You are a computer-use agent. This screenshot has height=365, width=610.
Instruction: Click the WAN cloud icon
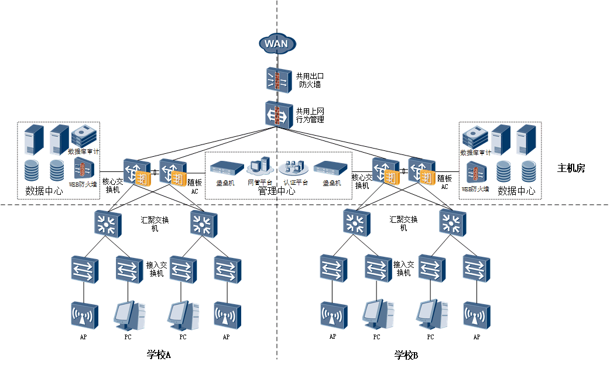277,43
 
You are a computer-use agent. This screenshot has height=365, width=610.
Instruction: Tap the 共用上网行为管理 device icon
277,115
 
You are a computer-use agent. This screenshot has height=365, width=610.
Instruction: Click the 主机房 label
571,168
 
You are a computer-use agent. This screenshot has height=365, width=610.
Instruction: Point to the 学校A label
159,354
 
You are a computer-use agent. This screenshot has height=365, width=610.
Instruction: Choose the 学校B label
406,354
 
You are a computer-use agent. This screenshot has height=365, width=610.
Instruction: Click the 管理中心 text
277,191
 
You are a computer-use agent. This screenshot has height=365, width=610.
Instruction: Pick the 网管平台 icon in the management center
259,167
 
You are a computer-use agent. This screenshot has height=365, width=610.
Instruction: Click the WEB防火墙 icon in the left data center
84,170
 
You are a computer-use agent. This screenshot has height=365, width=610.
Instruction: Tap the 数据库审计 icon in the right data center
475,138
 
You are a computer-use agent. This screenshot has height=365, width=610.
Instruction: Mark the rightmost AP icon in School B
477,316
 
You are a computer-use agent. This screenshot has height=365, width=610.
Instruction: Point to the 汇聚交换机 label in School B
404,223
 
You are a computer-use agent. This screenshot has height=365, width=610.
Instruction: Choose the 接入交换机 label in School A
157,269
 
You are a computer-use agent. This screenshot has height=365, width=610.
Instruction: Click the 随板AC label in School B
445,182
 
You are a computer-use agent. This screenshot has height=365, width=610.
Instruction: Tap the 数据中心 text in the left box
44,191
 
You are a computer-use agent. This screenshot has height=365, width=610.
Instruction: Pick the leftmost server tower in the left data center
35,139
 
